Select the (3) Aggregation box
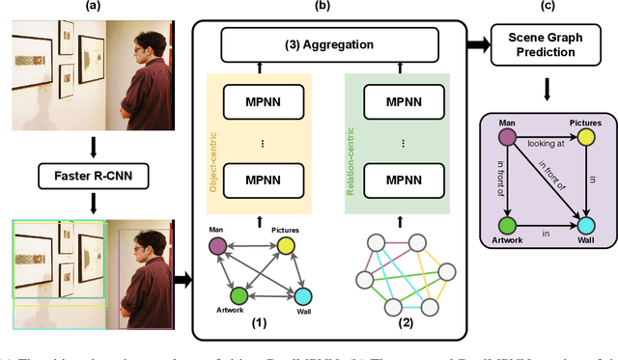[x=324, y=44]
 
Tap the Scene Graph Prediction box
[x=548, y=44]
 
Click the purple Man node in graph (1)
[x=219, y=246]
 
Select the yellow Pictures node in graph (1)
[x=286, y=247]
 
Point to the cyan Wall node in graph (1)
[x=302, y=296]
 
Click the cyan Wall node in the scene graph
[x=586, y=219]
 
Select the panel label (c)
[x=547, y=7]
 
